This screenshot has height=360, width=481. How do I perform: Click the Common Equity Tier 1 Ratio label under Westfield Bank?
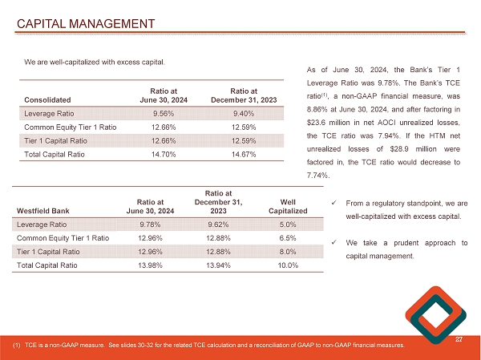(63, 237)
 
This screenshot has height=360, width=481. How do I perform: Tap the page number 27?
(459, 340)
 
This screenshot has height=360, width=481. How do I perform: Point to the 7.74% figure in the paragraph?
(318, 175)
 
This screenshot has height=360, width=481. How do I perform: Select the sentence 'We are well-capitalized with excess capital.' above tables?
(95, 61)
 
